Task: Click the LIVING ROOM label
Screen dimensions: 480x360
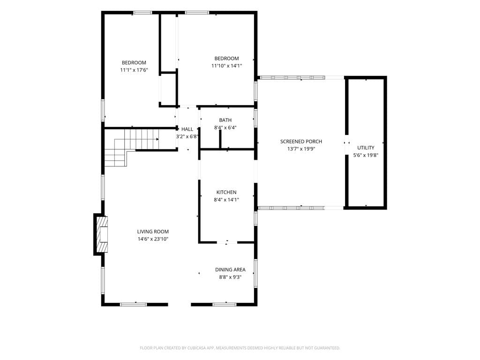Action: (x=153, y=232)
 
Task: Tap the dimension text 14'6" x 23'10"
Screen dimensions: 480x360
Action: (x=153, y=239)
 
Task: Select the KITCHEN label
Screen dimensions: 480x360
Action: (x=226, y=192)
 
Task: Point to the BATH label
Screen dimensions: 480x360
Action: (x=225, y=120)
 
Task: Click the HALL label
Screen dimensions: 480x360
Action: (x=187, y=129)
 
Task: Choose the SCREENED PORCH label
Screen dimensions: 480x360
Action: (x=301, y=142)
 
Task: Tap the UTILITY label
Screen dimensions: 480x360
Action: (x=366, y=148)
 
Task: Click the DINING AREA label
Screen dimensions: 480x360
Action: (x=230, y=270)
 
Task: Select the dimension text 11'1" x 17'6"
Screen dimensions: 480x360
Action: (x=134, y=70)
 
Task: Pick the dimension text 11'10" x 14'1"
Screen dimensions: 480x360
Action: (x=226, y=66)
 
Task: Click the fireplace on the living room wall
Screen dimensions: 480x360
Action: (x=101, y=234)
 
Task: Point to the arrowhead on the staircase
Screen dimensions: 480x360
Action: (x=157, y=139)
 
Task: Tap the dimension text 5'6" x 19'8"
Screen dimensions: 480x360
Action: (x=366, y=155)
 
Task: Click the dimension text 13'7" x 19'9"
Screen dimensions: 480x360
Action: (x=301, y=149)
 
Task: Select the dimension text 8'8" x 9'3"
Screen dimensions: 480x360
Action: (x=230, y=277)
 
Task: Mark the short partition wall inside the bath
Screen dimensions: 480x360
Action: (x=220, y=139)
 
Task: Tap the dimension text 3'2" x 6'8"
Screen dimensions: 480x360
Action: (x=187, y=136)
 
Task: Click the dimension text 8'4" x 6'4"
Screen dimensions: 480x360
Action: (x=225, y=127)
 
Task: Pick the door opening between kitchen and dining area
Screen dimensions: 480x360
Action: (x=227, y=242)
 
